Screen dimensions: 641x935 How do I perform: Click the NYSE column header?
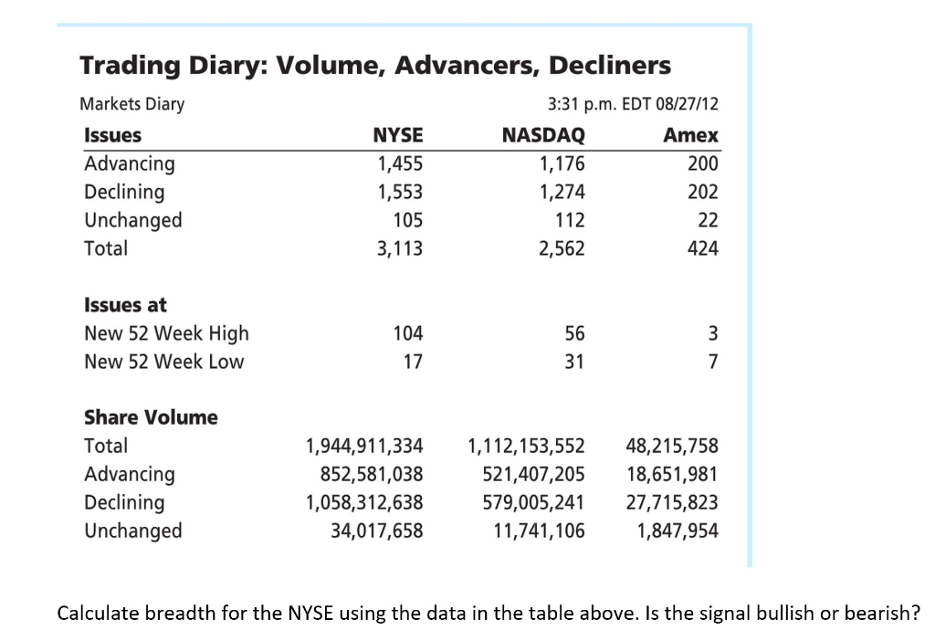(x=398, y=135)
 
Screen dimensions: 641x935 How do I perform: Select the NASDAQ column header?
(x=543, y=135)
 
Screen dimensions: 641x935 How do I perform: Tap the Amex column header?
(x=690, y=135)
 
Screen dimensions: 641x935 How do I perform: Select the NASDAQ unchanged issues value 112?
(x=570, y=220)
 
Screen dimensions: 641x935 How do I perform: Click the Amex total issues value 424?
(x=703, y=248)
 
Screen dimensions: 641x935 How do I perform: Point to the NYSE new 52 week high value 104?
(x=407, y=333)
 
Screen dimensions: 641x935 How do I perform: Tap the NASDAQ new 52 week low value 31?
(x=573, y=362)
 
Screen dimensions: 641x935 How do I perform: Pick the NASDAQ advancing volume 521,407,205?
(x=532, y=474)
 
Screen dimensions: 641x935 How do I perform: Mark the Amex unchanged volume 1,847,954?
(x=678, y=531)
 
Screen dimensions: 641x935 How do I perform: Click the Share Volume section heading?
(x=151, y=417)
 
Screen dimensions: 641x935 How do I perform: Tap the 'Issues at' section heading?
(x=125, y=305)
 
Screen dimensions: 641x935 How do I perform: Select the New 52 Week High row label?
(x=166, y=333)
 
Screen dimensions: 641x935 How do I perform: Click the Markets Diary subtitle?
(x=132, y=103)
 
